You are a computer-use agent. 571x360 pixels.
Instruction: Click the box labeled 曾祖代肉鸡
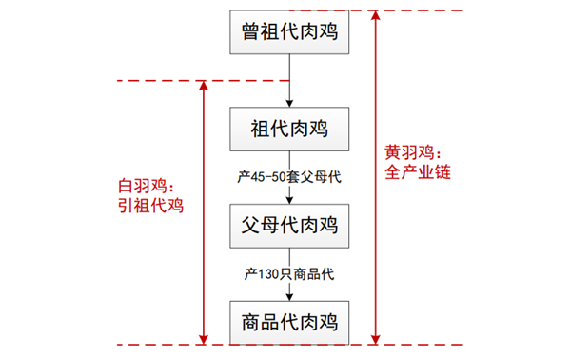coord(289,36)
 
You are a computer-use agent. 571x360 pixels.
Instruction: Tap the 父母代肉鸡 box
coord(289,227)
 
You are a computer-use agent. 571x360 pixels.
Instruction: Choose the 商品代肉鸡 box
coord(289,321)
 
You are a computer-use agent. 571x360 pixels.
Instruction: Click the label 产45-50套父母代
coord(289,178)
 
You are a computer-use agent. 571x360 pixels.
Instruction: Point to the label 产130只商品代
coord(289,274)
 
